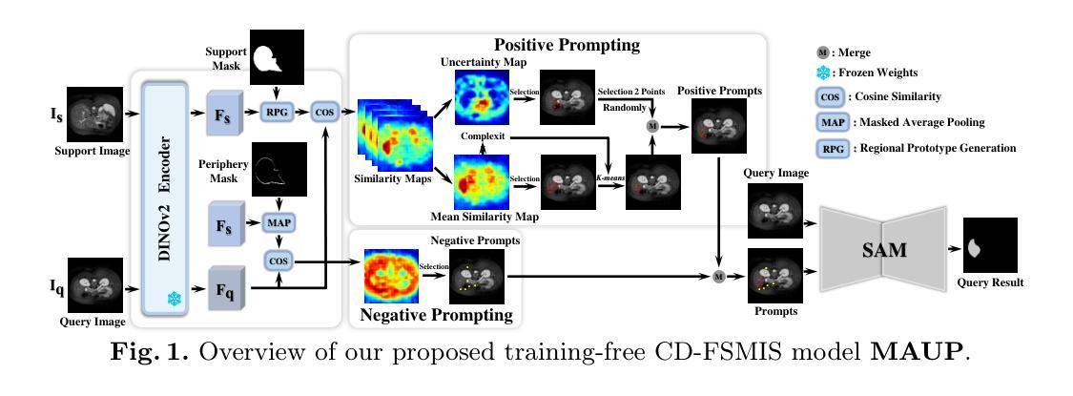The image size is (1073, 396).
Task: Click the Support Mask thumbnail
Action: (277, 57)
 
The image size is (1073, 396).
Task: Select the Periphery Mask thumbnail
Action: (279, 169)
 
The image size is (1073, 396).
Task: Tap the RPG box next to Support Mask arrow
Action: (278, 110)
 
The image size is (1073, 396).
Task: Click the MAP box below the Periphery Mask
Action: (279, 222)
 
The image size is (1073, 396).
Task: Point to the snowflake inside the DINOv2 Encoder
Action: (175, 298)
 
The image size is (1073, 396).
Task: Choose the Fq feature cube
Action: (229, 290)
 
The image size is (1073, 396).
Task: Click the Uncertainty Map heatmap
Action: (483, 96)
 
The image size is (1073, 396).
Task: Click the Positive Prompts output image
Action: (718, 125)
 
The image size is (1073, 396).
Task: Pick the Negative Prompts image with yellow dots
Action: (476, 276)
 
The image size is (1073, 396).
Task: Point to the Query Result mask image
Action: (990, 244)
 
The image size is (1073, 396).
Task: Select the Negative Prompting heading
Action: (436, 315)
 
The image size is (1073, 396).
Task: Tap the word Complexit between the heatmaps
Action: (483, 136)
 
